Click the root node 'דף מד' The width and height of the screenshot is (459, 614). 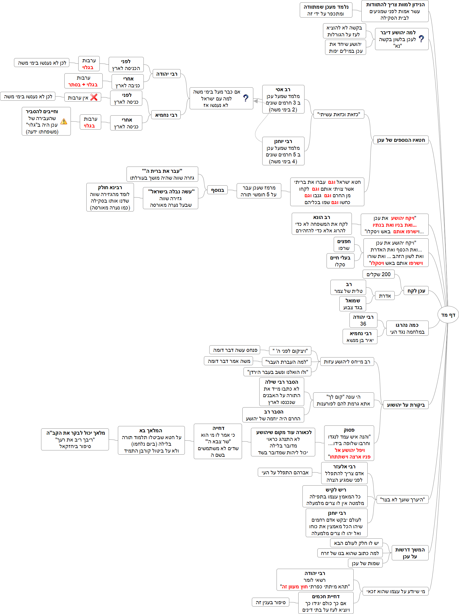448,315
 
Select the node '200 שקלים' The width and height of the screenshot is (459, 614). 378,274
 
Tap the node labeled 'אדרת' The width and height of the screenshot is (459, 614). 385,296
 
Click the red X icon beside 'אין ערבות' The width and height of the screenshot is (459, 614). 94,97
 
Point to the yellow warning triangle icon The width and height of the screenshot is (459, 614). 64,122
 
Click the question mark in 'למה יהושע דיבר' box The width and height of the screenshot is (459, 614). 421,39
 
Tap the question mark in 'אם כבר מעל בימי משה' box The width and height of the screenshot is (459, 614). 246,98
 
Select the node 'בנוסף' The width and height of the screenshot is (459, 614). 217,190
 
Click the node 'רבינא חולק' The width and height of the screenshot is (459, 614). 110,197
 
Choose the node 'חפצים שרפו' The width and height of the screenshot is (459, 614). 344,245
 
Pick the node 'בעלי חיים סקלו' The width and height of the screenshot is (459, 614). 340,261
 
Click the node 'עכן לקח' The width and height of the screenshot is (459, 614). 416,290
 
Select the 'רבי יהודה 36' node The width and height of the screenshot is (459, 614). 363,320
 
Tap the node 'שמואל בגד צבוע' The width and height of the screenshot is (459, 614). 353,304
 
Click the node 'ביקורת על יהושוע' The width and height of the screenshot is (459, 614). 405,405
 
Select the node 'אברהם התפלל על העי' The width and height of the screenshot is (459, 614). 285,472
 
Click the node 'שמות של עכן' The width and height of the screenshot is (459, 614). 365,563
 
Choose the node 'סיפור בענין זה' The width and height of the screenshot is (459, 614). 271,602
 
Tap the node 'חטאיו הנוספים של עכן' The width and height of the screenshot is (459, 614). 401,140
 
